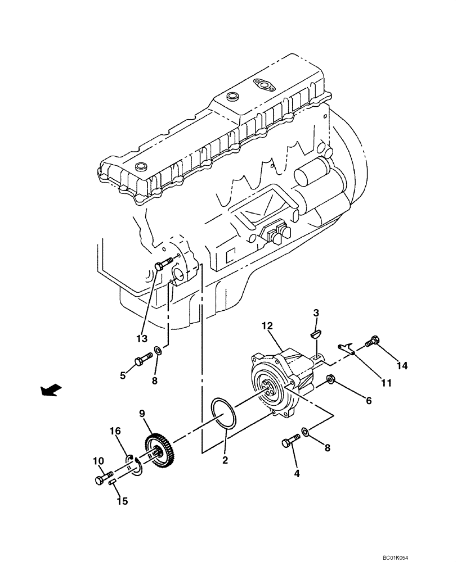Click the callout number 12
(x=267, y=325)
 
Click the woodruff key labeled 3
(x=316, y=333)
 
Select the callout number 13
(x=141, y=338)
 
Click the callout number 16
(x=115, y=431)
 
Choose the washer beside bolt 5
(x=160, y=351)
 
